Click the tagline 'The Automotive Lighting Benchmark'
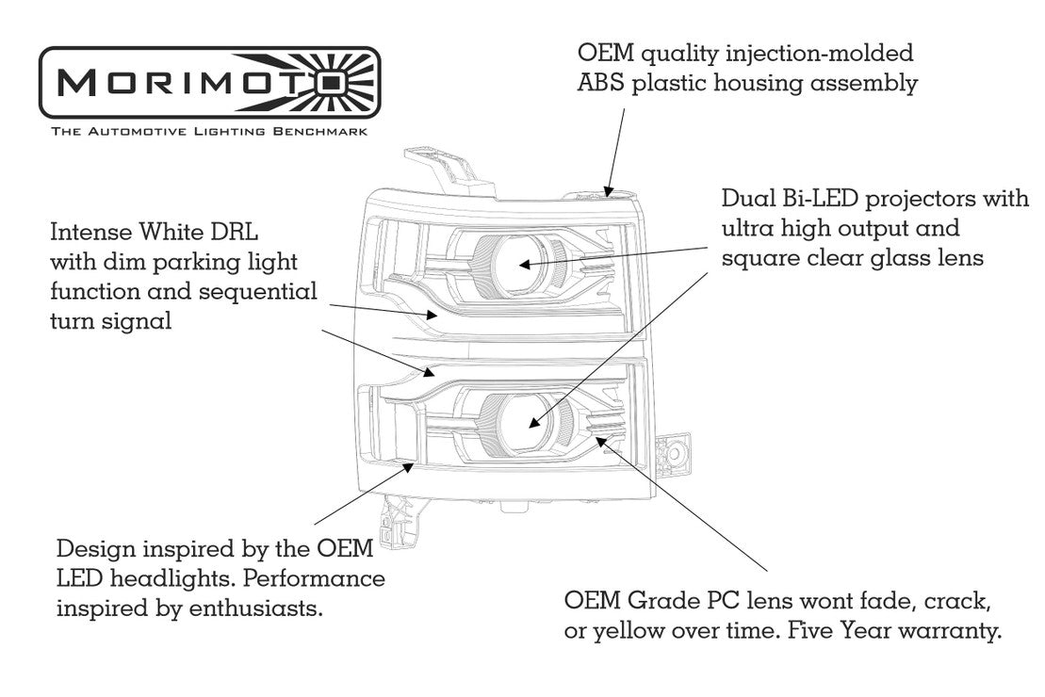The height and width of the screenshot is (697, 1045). click(209, 134)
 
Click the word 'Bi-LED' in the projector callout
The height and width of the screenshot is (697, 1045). click(817, 200)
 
